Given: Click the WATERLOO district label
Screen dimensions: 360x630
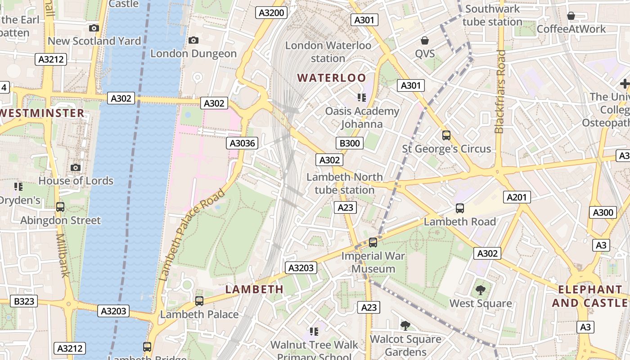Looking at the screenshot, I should [x=332, y=78].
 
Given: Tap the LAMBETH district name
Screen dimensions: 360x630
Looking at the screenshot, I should [x=254, y=289].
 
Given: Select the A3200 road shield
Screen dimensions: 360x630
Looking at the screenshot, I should [x=272, y=13].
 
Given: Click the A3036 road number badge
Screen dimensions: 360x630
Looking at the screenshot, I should [x=242, y=144].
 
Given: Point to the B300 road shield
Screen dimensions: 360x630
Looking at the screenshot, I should [x=349, y=144].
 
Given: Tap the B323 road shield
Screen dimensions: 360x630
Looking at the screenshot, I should [x=24, y=301].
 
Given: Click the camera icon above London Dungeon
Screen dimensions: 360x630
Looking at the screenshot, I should [x=193, y=40].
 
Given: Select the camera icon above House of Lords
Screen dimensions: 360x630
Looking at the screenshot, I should [x=76, y=168].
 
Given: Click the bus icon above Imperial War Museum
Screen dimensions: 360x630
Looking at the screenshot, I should [x=373, y=243].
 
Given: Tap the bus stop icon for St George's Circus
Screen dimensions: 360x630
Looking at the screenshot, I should [x=446, y=135].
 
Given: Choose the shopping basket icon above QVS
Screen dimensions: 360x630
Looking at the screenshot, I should [x=424, y=41].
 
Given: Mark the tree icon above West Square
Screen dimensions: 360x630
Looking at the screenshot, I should [x=480, y=290].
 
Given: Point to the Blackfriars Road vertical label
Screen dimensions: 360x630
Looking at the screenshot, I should [x=499, y=92].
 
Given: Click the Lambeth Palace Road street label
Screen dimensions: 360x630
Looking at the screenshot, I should [x=192, y=234].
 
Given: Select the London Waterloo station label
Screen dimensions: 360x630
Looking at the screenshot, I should [x=328, y=52].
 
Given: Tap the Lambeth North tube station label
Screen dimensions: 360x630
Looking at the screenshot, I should [x=344, y=184].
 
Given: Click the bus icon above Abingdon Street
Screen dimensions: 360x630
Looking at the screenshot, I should [x=60, y=207].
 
